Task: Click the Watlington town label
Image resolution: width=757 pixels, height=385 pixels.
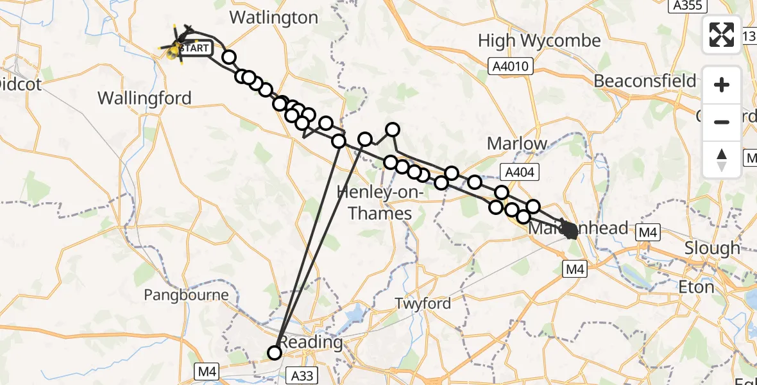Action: point(273,17)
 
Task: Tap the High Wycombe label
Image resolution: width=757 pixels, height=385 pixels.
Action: point(539,41)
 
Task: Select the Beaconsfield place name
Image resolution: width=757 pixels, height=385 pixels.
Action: point(645,81)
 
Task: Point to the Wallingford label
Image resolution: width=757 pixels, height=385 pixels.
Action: point(144,98)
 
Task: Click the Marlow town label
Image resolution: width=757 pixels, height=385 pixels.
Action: point(517,143)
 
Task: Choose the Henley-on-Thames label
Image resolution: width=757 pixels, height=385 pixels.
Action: point(380,203)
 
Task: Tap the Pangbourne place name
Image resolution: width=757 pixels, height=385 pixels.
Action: point(186,295)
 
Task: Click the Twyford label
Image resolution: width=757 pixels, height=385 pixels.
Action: point(423,303)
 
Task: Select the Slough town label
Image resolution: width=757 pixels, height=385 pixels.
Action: point(712,248)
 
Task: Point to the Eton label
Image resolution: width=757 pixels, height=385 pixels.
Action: point(697,287)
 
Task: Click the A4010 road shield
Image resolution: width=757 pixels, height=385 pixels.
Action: point(507,65)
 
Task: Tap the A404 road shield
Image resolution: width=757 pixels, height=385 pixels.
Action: point(519,171)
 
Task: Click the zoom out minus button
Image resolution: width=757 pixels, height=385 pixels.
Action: point(722,122)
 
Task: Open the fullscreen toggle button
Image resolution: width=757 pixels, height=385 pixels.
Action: point(722,35)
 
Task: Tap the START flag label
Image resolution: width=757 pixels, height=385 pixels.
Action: point(194,48)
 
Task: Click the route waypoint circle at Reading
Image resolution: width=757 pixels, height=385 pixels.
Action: point(275,352)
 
